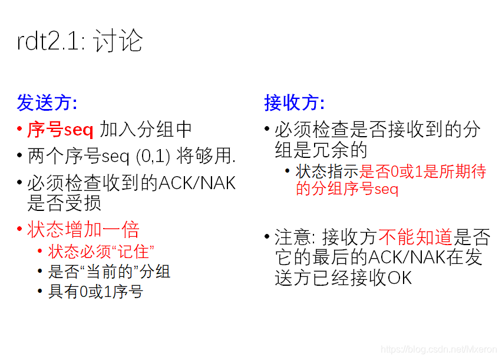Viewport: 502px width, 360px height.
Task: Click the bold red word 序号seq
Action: pos(60,130)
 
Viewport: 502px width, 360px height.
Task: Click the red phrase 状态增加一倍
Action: pos(83,229)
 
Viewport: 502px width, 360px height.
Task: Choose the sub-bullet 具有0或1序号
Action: pos(95,291)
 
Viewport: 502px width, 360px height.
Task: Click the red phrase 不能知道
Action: pos(415,237)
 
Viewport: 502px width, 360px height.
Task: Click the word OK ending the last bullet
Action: pos(399,277)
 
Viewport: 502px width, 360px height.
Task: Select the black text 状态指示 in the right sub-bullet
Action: pos(327,171)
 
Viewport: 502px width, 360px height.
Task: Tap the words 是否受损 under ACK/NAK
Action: pos(64,203)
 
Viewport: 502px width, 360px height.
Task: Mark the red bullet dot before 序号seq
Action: pos(20,130)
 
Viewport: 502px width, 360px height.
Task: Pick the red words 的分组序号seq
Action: pos(347,189)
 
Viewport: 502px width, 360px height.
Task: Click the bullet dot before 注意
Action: pos(267,237)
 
